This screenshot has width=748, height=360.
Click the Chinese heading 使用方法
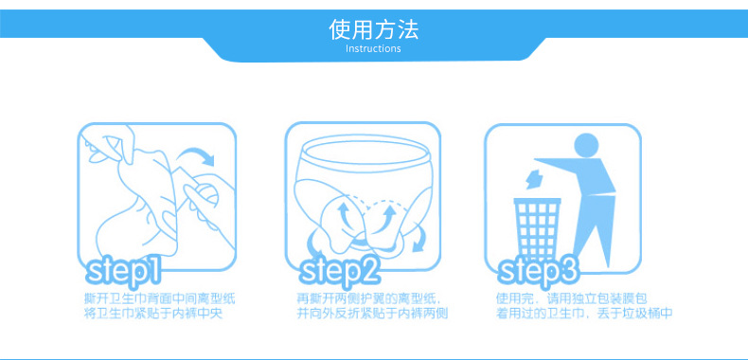tap(373, 29)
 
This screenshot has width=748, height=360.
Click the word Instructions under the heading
tap(373, 48)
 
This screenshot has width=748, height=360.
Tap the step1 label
tap(123, 270)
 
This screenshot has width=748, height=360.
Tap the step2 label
tap(339, 270)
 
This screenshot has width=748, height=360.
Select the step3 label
tap(538, 270)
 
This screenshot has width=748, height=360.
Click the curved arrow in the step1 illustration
tap(196, 153)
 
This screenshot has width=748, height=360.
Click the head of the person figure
tap(586, 145)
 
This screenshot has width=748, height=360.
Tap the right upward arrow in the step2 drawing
tap(387, 216)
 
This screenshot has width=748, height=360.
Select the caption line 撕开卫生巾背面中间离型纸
tap(159, 299)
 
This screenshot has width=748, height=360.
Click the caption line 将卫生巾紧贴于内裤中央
tap(153, 314)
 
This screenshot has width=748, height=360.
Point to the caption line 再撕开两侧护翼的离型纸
tap(368, 299)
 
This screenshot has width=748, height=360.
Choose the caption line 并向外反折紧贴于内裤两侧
tap(372, 314)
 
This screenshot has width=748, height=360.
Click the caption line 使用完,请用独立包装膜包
tap(572, 299)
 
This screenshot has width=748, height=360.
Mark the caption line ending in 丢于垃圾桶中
tap(584, 314)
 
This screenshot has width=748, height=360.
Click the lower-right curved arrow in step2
tap(419, 239)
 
